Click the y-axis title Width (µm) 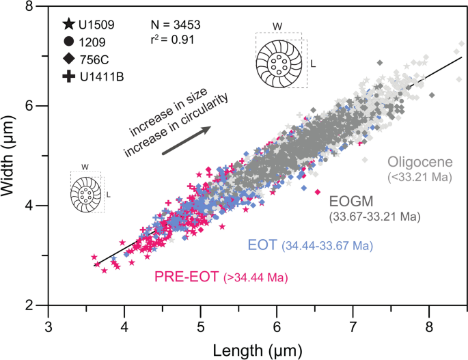pos(12,155)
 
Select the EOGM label pos(352,202)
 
